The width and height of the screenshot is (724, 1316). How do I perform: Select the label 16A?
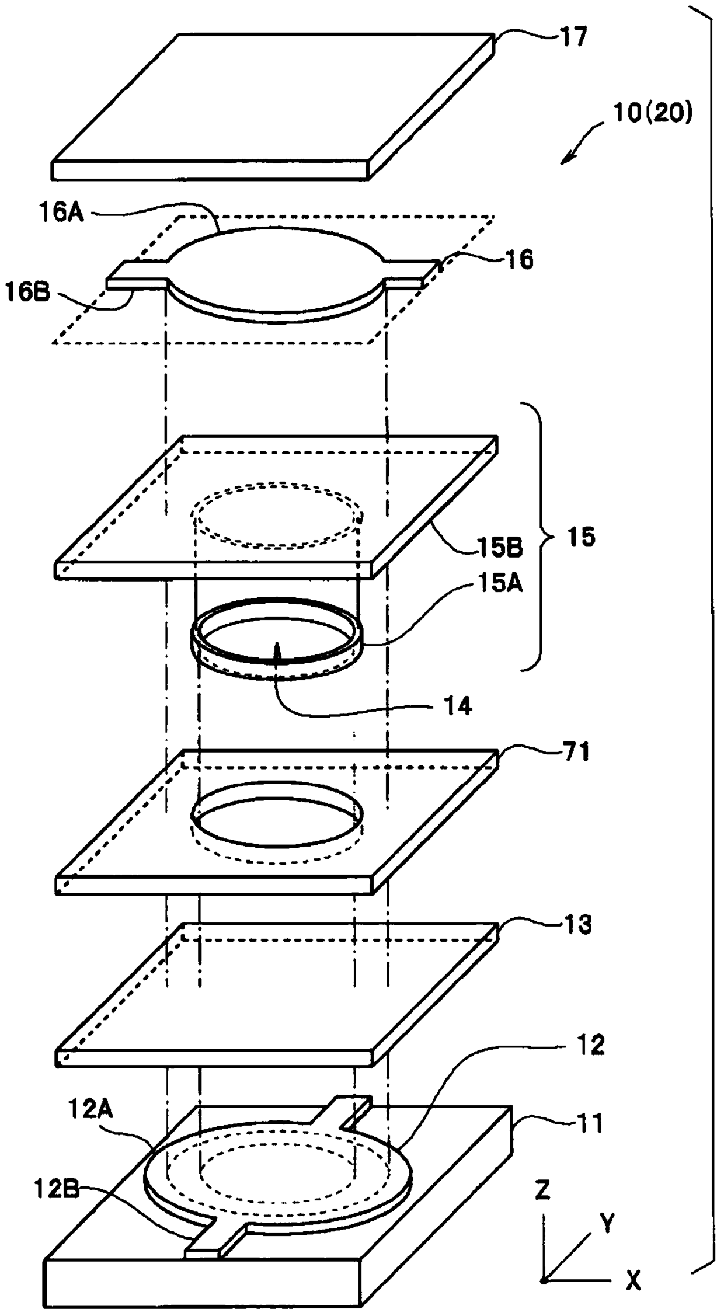(x=62, y=213)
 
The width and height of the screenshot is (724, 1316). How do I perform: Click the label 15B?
(x=499, y=548)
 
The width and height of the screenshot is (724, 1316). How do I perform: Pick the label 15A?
(x=500, y=583)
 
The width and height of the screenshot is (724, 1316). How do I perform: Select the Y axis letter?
(x=607, y=1223)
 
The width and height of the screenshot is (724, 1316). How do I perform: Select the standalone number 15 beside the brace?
(x=580, y=537)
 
